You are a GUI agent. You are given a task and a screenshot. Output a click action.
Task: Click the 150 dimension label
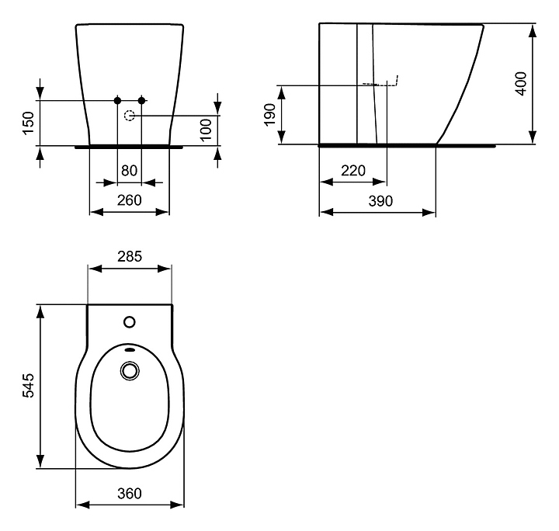click(x=29, y=123)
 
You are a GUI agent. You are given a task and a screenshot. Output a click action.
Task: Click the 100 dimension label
click(x=206, y=130)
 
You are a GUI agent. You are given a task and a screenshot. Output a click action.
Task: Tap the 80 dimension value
click(x=129, y=171)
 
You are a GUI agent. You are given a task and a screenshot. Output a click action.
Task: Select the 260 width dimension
click(x=130, y=200)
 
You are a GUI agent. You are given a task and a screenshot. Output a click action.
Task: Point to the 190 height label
click(x=271, y=115)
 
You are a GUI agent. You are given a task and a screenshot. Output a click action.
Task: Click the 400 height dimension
click(x=521, y=84)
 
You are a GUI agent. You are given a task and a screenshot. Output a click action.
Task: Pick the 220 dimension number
click(x=353, y=171)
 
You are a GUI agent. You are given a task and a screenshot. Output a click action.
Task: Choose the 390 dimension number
click(x=380, y=201)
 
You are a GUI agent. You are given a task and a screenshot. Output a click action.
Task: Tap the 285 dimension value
click(x=130, y=256)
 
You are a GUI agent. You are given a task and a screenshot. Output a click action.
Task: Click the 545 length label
click(x=29, y=385)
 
